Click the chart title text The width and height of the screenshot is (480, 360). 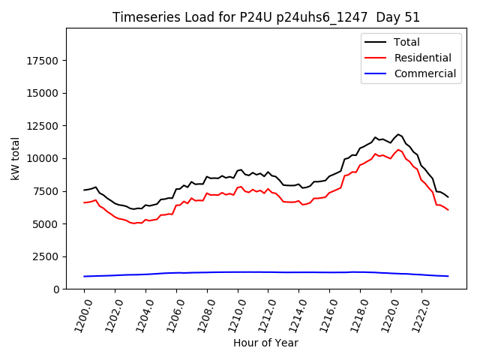(266, 17)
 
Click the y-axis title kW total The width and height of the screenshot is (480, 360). (16, 158)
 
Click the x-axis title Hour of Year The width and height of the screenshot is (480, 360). (265, 343)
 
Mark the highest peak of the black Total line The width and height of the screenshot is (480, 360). (398, 134)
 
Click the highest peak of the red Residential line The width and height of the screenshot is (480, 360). (398, 149)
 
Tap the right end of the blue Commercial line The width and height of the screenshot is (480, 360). (448, 276)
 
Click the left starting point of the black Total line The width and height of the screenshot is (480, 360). (84, 190)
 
